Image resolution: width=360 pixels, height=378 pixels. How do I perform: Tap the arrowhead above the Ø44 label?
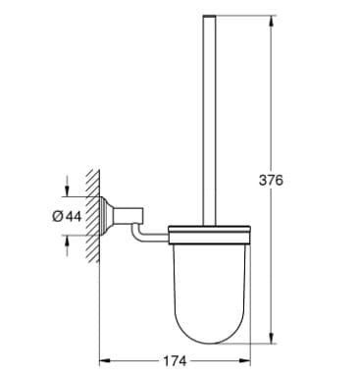pos(67,191)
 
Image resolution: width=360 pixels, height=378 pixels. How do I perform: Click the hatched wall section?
pos(91,216)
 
